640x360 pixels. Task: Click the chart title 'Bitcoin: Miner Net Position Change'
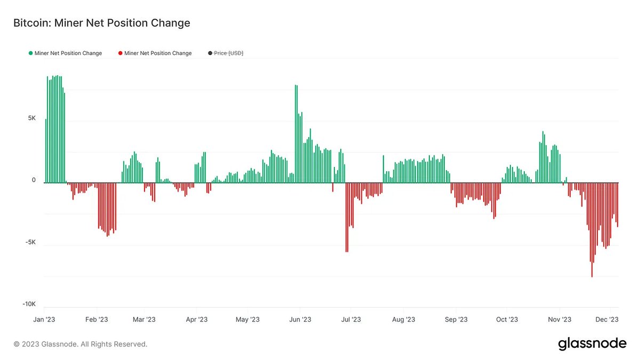click(x=101, y=23)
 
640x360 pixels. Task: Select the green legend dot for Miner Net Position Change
click(x=30, y=53)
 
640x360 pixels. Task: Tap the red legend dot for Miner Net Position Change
click(x=121, y=53)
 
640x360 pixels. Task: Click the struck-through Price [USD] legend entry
click(x=228, y=53)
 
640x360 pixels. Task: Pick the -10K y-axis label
click(x=29, y=304)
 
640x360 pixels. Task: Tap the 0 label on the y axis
click(x=34, y=180)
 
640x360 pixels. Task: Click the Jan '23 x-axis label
click(x=44, y=319)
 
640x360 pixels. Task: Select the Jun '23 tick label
click(x=300, y=319)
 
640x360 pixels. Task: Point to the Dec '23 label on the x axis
click(x=607, y=319)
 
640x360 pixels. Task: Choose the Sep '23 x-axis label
click(x=456, y=319)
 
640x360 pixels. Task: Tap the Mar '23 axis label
click(x=144, y=319)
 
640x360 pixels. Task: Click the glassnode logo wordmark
click(x=592, y=344)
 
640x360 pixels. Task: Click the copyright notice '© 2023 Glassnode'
click(x=81, y=344)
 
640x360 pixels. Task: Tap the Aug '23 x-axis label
click(x=404, y=319)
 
